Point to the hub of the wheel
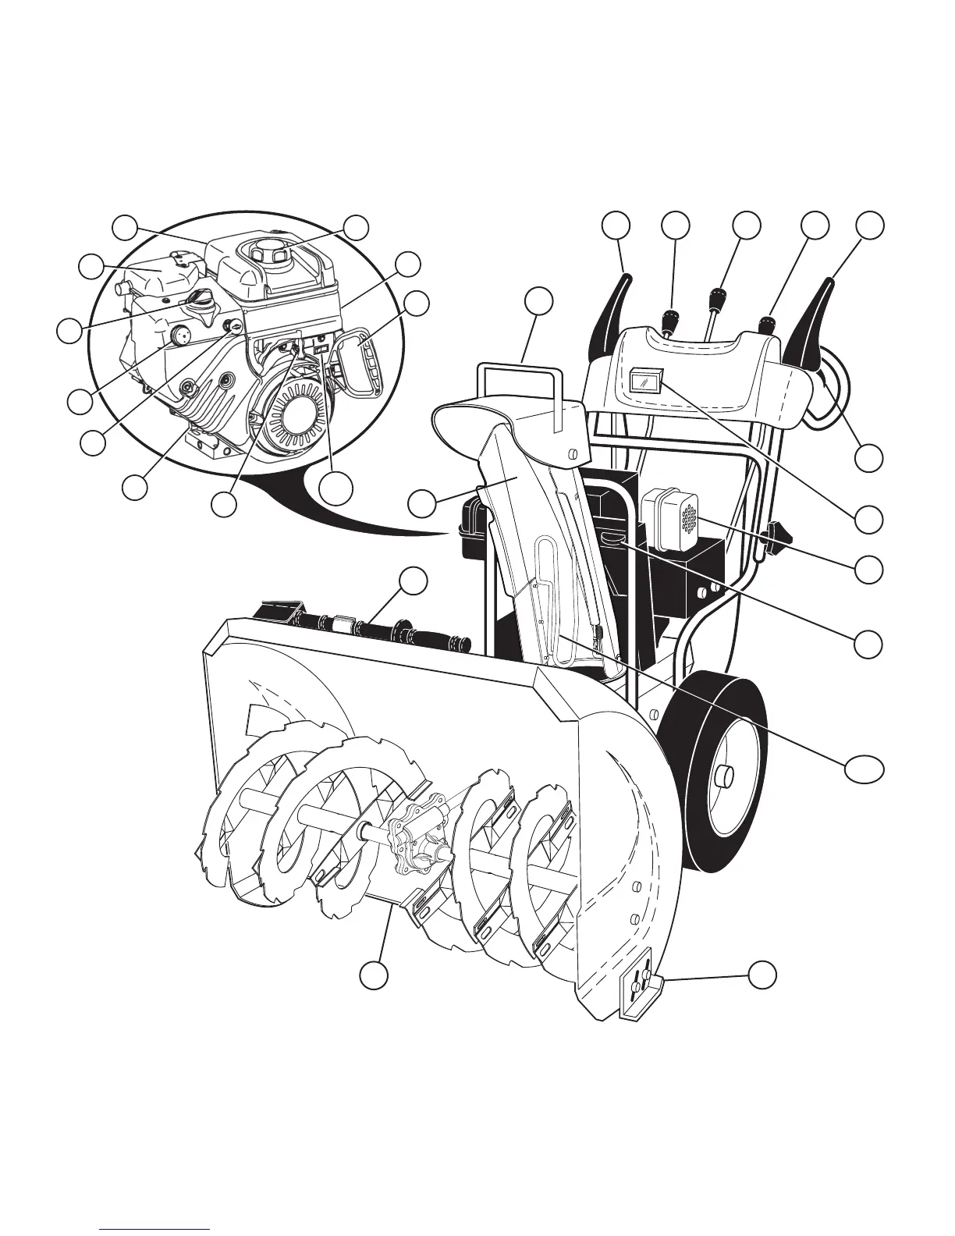point(724,776)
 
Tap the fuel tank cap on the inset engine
point(265,254)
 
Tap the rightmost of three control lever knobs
point(769,321)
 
